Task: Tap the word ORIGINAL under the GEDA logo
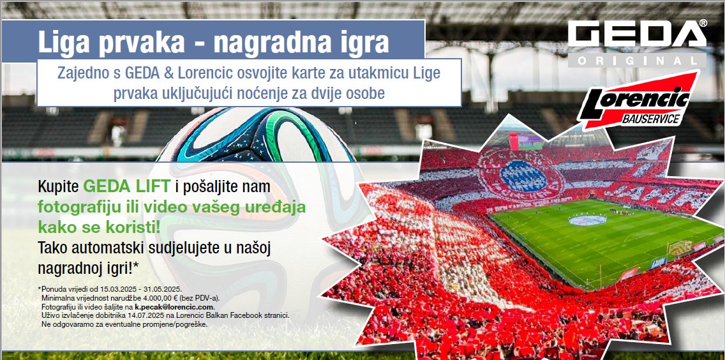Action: (x=637, y=60)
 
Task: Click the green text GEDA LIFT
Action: (x=127, y=186)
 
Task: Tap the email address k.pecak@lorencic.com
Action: (x=174, y=307)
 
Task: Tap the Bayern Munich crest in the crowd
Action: (x=523, y=174)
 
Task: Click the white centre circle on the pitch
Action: (x=588, y=220)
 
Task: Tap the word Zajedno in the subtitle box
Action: (x=80, y=73)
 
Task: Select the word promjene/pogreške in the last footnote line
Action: (x=179, y=324)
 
